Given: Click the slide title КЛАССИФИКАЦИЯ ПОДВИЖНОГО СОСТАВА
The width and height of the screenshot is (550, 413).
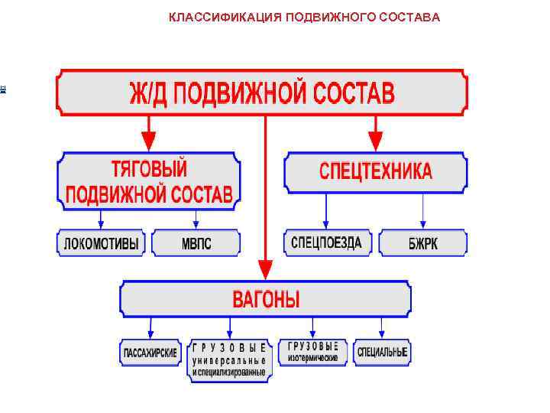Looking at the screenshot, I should point(304,17).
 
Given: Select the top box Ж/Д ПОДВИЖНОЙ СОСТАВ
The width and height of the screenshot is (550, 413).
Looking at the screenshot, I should point(262,93).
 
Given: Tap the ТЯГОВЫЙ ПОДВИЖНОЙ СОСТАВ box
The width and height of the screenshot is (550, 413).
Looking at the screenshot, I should point(149,180).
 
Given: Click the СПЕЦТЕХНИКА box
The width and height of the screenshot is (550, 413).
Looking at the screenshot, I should point(375,171).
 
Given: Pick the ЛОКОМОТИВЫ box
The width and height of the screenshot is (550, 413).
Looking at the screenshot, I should point(102,244).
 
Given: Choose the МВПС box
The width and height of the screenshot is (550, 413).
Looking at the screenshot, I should point(196,244).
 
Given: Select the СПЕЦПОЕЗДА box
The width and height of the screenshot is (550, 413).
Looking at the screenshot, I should point(328,242).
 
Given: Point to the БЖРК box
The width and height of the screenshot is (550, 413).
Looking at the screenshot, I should point(423,244).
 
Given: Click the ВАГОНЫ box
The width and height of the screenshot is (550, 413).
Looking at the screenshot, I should point(265,299).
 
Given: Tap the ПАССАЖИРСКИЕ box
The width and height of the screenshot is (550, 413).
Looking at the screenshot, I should point(150,353).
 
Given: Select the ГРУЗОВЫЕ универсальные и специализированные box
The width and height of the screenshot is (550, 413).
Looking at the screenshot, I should point(229,359).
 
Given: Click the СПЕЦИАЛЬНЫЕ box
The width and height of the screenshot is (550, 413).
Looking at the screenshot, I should point(382,353).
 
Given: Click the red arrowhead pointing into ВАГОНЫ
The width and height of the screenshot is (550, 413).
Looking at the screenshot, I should point(265,269).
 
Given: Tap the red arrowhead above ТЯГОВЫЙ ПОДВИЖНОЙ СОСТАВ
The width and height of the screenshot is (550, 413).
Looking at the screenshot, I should point(149,141).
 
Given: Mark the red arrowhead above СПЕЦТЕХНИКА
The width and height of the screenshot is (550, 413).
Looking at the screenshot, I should point(374,141).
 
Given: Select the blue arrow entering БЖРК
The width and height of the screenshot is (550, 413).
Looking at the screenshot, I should point(423,224).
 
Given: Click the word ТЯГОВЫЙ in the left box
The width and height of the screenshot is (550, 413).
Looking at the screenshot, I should point(150,168).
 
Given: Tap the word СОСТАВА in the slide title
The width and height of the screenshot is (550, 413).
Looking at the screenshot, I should point(413,17).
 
